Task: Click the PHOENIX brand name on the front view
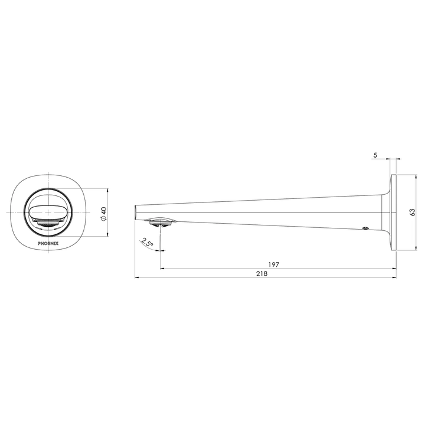pos(48,243)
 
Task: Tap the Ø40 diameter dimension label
pos(104,213)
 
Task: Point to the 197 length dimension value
pos(273,264)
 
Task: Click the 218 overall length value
pos(262,273)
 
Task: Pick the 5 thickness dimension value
pos(375,155)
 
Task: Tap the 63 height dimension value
pos(413,212)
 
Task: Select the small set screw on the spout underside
pos(365,228)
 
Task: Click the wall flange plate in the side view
pos(394,212)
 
